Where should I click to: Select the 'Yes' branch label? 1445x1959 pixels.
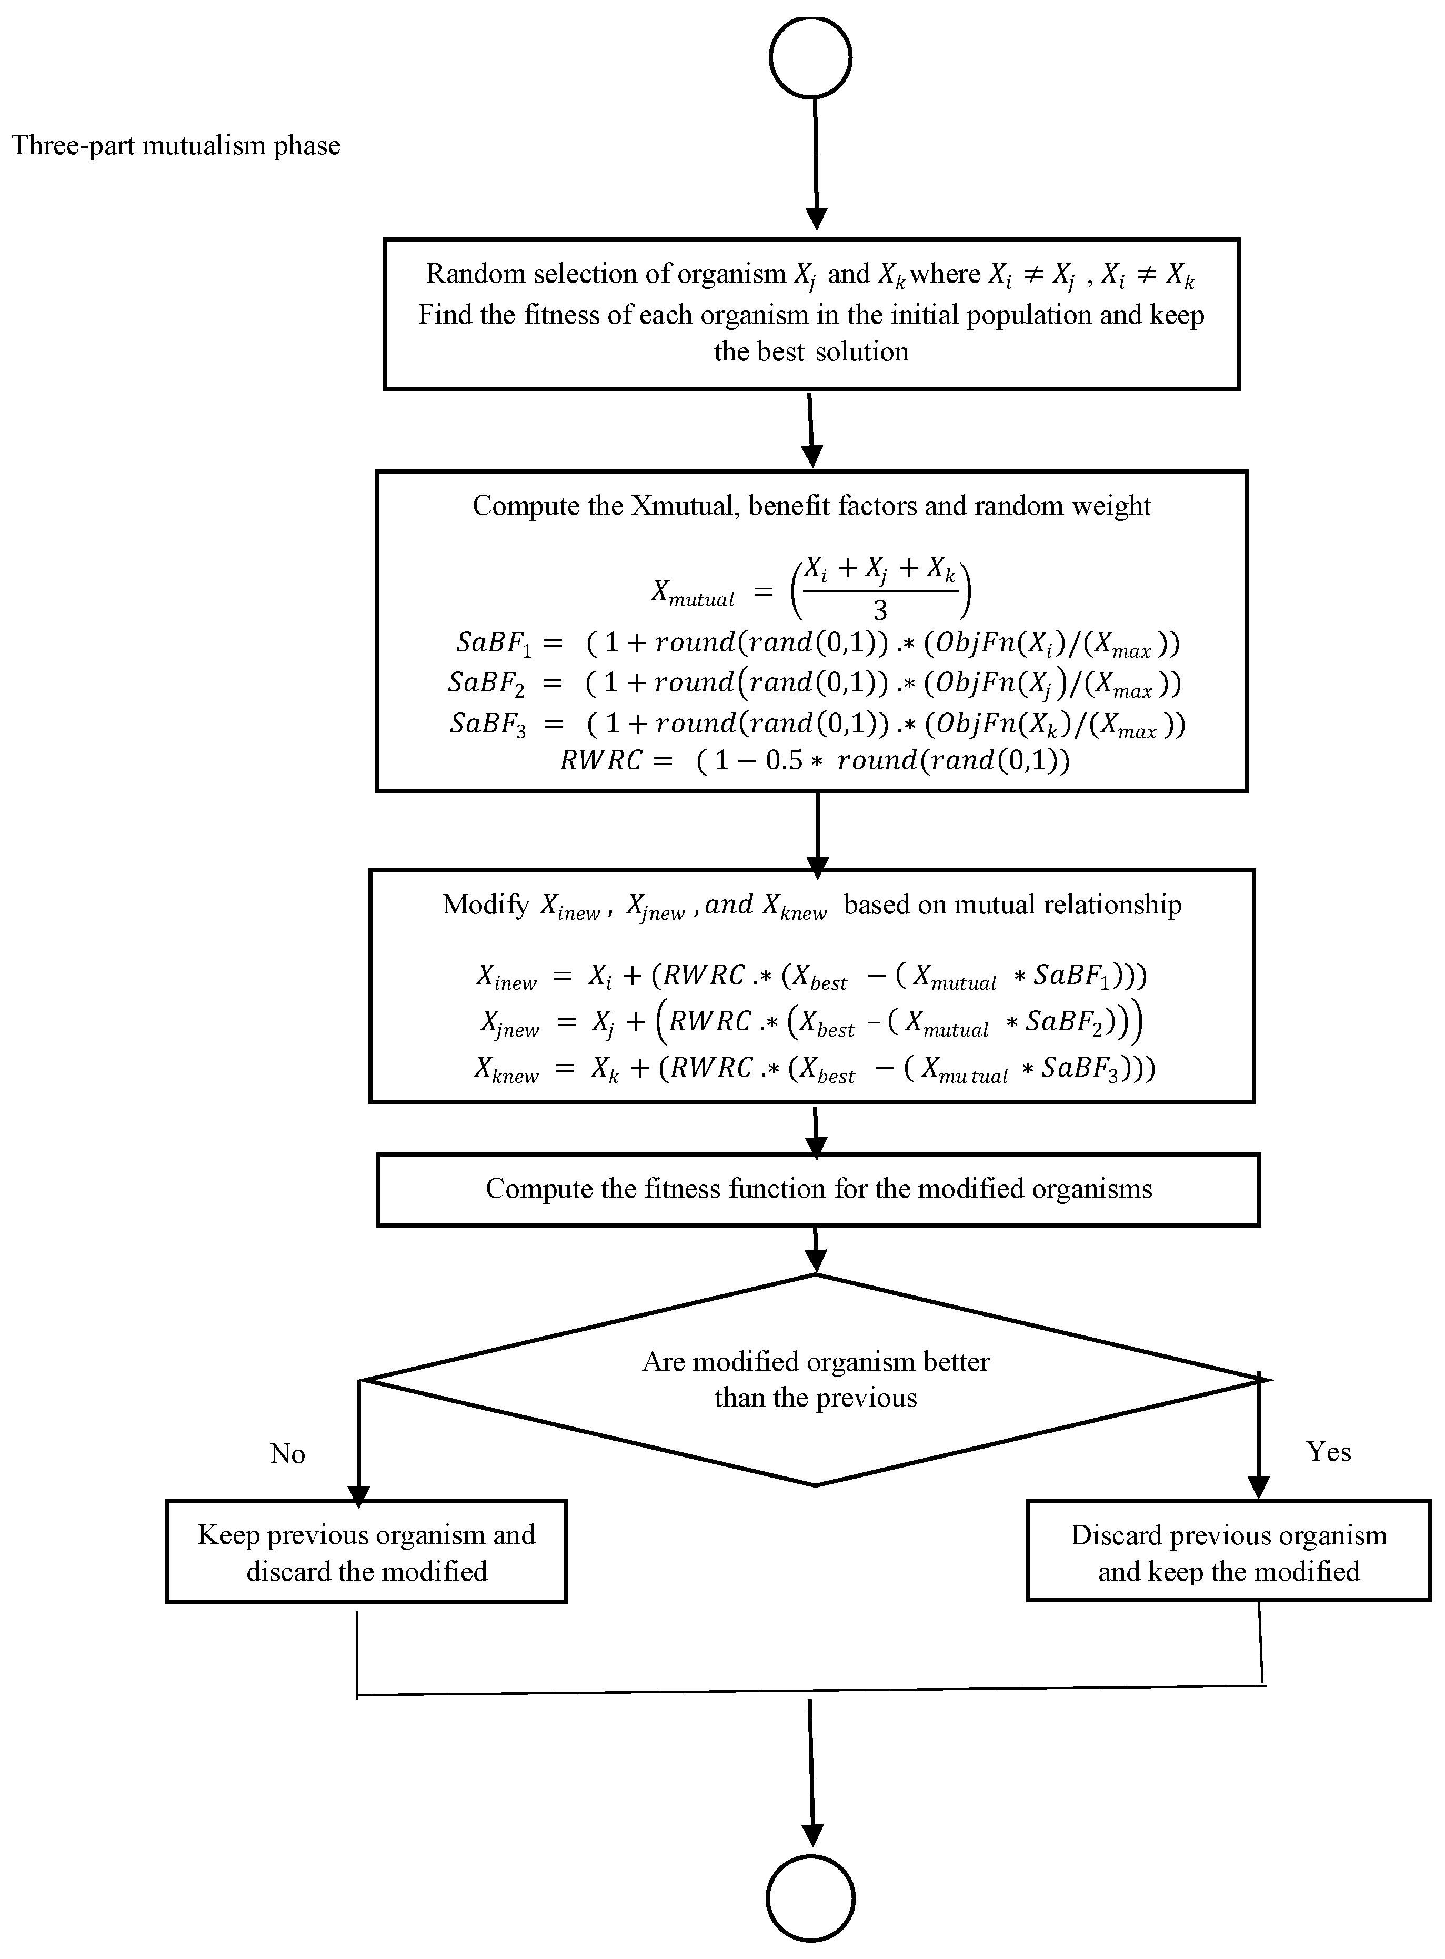(x=1328, y=1452)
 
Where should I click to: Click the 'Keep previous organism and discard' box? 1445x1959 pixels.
(x=366, y=1552)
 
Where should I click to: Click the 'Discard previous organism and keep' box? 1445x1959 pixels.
(x=1228, y=1552)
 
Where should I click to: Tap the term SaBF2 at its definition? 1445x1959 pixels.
(x=486, y=683)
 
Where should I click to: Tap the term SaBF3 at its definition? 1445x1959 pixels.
(x=488, y=724)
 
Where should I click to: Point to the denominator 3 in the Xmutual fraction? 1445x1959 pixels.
(x=879, y=610)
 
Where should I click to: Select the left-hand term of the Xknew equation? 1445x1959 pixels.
(x=506, y=1070)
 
